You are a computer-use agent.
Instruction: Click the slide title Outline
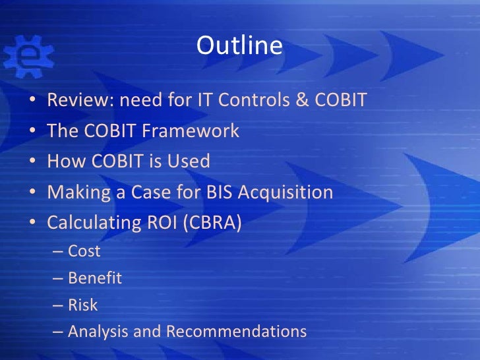239,45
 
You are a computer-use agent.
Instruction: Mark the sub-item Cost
84,251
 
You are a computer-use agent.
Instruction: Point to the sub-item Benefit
95,278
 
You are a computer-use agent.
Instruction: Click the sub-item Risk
83,305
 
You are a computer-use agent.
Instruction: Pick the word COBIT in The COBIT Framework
108,131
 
